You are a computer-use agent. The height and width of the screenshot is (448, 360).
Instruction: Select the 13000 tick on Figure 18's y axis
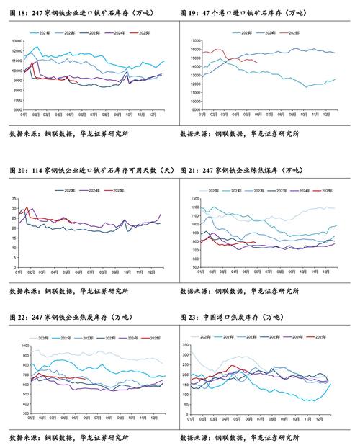[x=17, y=41]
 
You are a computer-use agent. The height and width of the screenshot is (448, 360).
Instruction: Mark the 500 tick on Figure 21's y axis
[x=192, y=266]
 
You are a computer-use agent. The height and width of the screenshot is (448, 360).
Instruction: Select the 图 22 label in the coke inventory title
[x=17, y=318]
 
